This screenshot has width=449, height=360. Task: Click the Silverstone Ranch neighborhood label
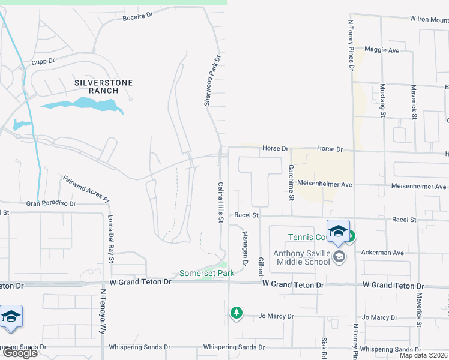103,86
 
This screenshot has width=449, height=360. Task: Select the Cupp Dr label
43,61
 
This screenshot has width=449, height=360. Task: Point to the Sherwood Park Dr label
211,82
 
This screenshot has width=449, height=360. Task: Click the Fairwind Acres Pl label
86,188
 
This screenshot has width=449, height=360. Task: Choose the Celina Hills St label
221,202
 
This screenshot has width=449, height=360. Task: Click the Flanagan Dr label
245,248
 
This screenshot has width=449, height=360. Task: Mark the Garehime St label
291,182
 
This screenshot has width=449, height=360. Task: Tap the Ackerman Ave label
382,253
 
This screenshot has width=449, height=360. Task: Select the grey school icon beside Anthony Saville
339,257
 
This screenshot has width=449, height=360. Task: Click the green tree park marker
237,313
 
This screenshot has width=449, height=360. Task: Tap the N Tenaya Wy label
103,313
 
